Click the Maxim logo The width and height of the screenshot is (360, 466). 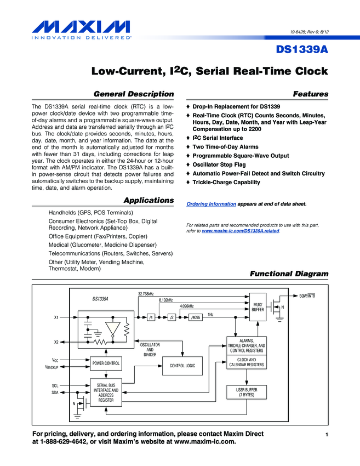click(81, 29)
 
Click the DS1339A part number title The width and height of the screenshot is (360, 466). click(301, 50)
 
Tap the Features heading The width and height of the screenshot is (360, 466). click(311, 94)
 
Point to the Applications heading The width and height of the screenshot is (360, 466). click(148, 200)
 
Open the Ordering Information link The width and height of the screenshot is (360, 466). click(212, 204)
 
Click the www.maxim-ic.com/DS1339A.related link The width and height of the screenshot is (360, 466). click(241, 231)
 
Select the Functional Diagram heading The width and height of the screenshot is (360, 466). click(289, 274)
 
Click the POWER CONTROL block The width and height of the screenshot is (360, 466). click(106, 363)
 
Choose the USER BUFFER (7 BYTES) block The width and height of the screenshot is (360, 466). click(247, 392)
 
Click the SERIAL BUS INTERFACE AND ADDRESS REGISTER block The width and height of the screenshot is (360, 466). click(106, 393)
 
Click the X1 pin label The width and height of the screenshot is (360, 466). click(56, 317)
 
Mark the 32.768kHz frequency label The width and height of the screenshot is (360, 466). click(146, 294)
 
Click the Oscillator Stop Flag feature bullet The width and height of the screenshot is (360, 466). click(222, 164)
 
